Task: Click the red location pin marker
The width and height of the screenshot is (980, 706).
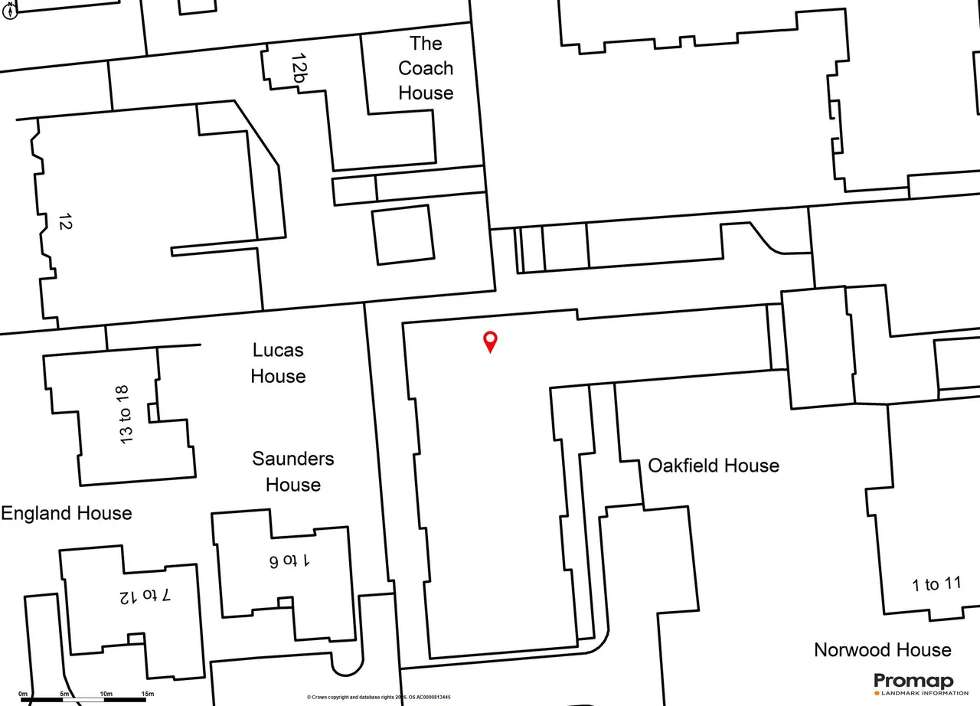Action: [490, 342]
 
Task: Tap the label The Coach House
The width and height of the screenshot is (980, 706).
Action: [426, 68]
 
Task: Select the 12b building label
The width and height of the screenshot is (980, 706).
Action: [299, 68]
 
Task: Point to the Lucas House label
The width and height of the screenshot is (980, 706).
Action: [278, 363]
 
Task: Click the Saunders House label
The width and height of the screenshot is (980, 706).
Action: [292, 472]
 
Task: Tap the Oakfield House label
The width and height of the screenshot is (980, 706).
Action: [713, 466]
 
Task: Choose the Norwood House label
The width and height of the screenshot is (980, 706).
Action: [883, 650]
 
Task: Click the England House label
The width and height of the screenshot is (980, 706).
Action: [67, 513]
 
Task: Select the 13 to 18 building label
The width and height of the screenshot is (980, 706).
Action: [124, 415]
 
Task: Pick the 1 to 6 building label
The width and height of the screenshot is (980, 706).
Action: [289, 561]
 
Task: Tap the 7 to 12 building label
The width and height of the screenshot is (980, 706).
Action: [145, 596]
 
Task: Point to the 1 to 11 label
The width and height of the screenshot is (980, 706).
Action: [936, 584]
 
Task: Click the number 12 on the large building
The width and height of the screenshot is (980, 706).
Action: [65, 221]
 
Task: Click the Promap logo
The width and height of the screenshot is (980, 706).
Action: [913, 681]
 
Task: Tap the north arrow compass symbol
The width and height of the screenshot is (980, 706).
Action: [10, 10]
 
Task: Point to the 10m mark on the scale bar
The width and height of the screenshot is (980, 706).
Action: [106, 694]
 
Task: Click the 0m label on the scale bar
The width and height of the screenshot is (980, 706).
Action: [23, 694]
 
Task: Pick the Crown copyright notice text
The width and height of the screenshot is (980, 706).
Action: [378, 698]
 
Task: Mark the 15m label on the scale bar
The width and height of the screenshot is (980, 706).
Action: [148, 694]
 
